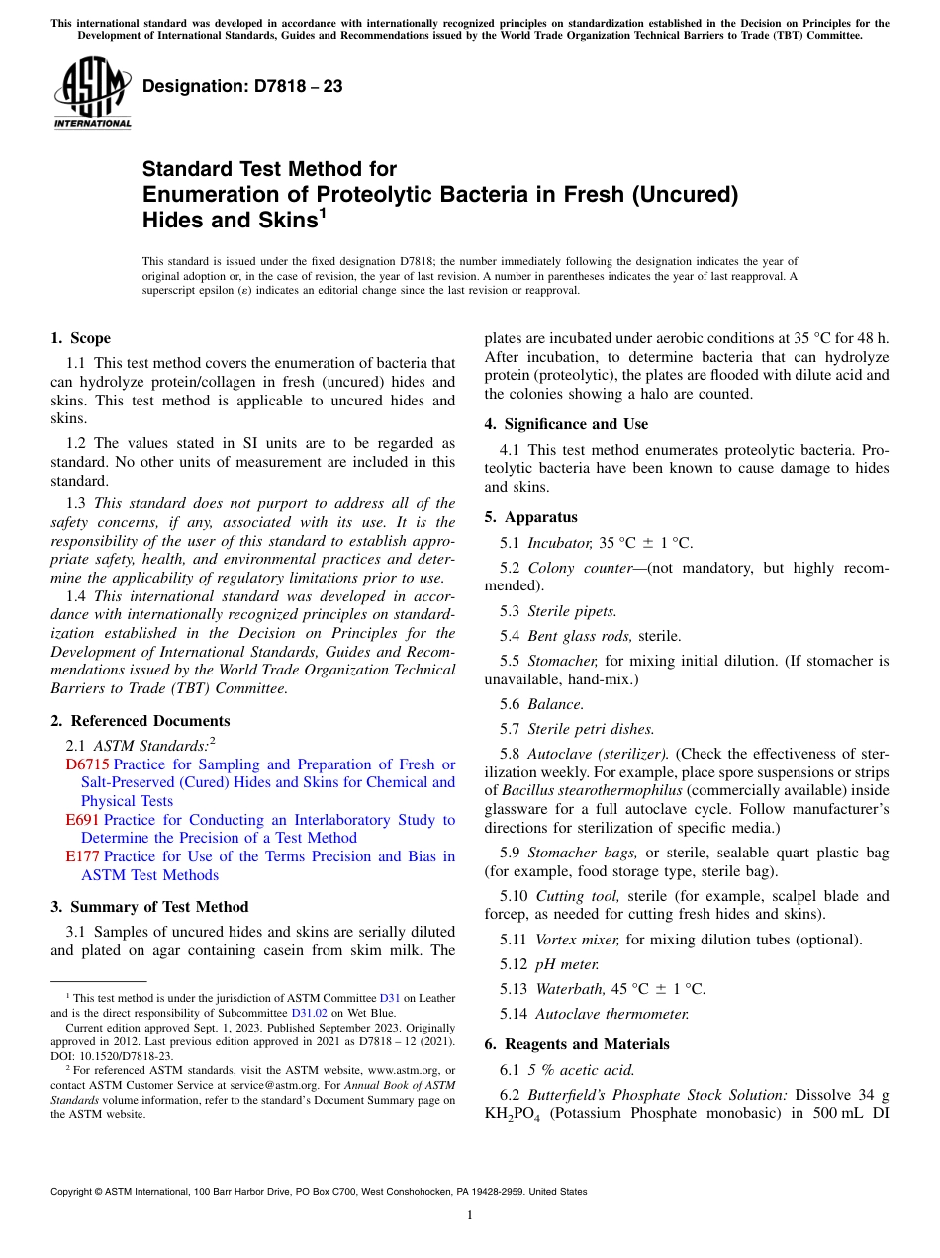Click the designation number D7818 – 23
[242, 86]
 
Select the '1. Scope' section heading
[80, 338]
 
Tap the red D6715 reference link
[87, 764]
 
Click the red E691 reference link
[82, 820]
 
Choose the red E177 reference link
[82, 856]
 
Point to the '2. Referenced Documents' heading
[140, 721]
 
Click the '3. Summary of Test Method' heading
[149, 907]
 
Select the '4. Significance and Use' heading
[566, 424]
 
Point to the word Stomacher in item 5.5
[562, 661]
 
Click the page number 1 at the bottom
[470, 1214]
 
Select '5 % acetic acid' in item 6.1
[581, 1070]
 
